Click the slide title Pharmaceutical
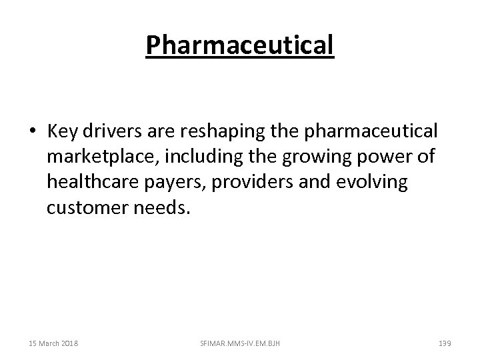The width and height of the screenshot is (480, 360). tap(239, 46)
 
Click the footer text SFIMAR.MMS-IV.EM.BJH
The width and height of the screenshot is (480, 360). tap(239, 343)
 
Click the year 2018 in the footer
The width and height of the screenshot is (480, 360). tap(69, 343)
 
